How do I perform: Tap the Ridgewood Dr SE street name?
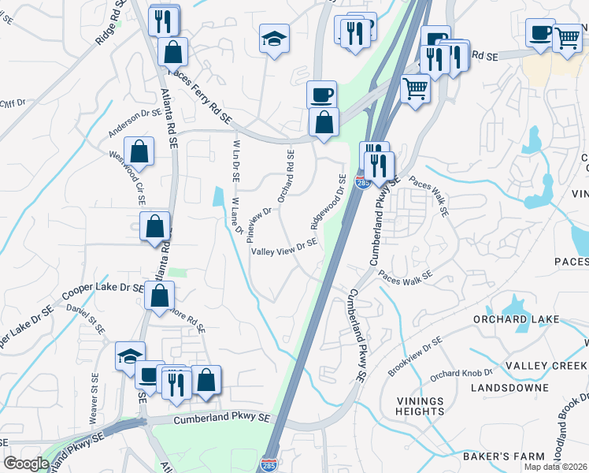[x=329, y=199]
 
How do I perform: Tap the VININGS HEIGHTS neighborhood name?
[x=420, y=406]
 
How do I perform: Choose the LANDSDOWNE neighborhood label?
[x=509, y=388]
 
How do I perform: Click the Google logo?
[x=26, y=464]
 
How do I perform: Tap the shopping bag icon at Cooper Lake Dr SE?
[x=159, y=297]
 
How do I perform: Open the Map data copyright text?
[x=555, y=467]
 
